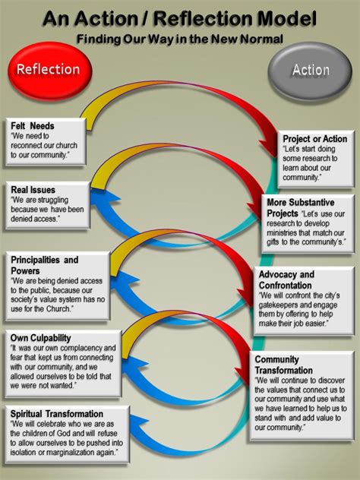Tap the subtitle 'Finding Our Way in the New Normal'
pyautogui.click(x=180, y=37)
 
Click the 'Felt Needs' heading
pyautogui.click(x=32, y=125)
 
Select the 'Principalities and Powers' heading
pyautogui.click(x=45, y=265)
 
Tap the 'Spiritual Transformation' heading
pyautogui.click(x=58, y=415)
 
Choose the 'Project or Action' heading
pyautogui.click(x=314, y=139)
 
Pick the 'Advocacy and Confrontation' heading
pyautogui.click(x=286, y=279)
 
